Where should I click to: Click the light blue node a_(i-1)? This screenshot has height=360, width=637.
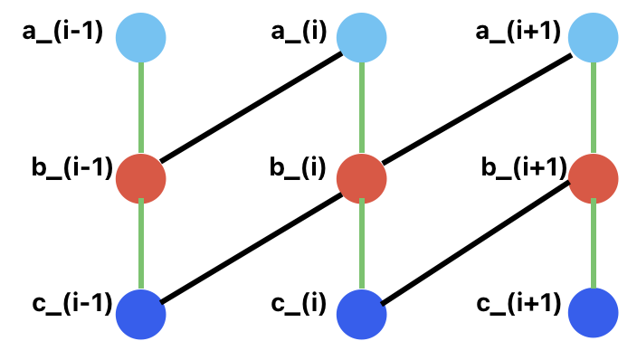pos(141,39)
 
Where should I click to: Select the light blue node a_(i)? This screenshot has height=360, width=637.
pos(362,39)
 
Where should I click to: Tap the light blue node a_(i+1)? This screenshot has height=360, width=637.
pos(594,39)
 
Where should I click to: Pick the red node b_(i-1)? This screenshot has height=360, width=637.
pos(141,178)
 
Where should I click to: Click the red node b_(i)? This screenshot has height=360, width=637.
pos(362,178)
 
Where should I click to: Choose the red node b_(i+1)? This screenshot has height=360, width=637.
pos(594,178)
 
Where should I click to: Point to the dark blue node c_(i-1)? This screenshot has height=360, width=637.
pos(141,313)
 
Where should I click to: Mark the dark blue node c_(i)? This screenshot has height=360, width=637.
pos(362,313)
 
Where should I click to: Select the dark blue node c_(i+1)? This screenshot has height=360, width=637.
pos(594,313)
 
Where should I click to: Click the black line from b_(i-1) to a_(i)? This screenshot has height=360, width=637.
pos(252,109)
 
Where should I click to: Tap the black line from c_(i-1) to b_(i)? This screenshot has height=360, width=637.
pos(252,245)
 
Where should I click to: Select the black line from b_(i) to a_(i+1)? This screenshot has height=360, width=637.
pos(478,109)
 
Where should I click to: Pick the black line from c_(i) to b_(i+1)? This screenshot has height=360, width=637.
pos(478,245)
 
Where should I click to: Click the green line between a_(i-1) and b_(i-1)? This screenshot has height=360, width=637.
pos(141,109)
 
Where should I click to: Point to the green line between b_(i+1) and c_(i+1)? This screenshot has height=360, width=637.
pos(594,246)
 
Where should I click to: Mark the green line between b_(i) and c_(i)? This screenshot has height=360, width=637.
pos(362,246)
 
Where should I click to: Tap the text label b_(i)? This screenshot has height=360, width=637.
pos(298,168)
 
